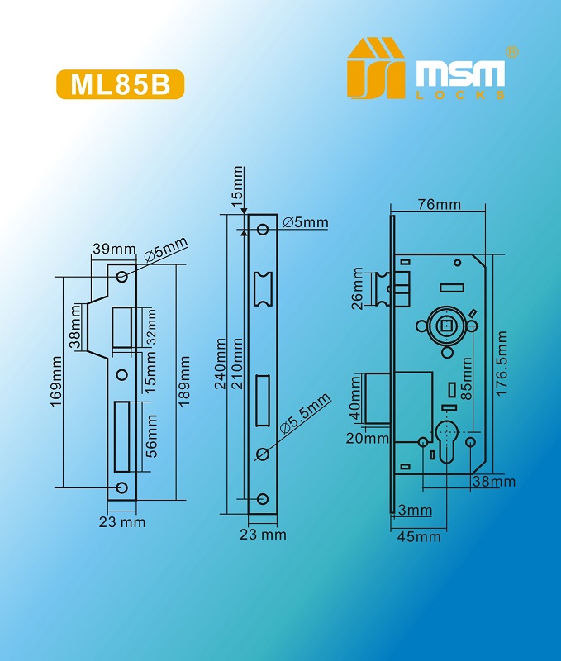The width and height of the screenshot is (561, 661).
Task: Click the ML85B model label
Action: pyautogui.click(x=120, y=84)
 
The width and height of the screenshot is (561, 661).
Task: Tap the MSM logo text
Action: pyautogui.click(x=460, y=74)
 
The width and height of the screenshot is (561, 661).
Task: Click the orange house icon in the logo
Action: pyautogui.click(x=376, y=69)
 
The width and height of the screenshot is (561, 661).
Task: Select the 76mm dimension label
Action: pyautogui.click(x=440, y=204)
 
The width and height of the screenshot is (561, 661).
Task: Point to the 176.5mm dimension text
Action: pyautogui.click(x=502, y=363)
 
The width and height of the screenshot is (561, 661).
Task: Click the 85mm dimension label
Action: pyautogui.click(x=466, y=378)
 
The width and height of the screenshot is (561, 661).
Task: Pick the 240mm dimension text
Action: pyautogui.click(x=221, y=363)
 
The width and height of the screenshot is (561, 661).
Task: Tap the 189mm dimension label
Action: pyautogui.click(x=184, y=381)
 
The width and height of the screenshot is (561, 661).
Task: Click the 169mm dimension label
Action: pyautogui.click(x=56, y=382)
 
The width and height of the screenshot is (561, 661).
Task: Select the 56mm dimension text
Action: pyautogui.click(x=151, y=436)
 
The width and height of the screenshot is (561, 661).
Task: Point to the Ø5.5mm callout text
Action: pyautogui.click(x=306, y=413)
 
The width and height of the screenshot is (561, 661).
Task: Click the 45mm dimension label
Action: pyautogui.click(x=419, y=536)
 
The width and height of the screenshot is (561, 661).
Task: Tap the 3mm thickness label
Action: pyautogui.click(x=415, y=510)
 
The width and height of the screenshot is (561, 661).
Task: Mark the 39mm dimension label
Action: pyautogui.click(x=114, y=249)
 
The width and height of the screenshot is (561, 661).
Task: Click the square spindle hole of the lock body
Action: pyautogui.click(x=445, y=326)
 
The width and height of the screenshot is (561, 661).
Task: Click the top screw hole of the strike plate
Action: pyautogui.click(x=122, y=277)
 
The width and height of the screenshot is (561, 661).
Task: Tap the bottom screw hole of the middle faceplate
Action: pyautogui.click(x=263, y=499)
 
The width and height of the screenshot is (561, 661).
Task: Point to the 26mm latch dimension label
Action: pyautogui.click(x=358, y=288)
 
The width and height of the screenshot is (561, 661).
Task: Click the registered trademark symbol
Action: pyautogui.click(x=511, y=52)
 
